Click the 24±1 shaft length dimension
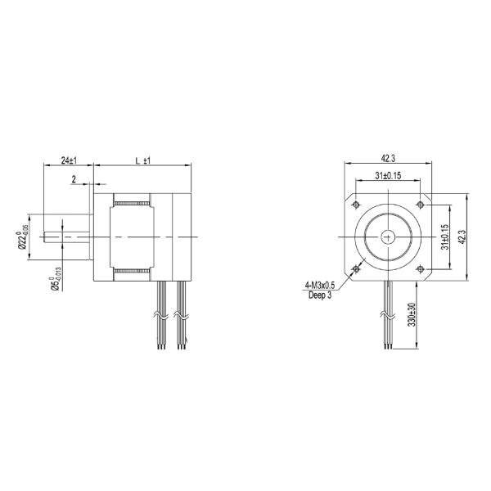coord(70,160)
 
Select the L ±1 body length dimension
coord(144,160)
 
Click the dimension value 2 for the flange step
coord(74,178)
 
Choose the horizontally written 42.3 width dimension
coord(388,159)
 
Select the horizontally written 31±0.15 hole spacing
coord(388,175)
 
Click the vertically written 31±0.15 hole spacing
coord(445,237)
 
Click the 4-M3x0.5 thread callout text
coord(321,285)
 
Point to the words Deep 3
coord(319,295)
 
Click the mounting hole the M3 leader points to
coord(356,268)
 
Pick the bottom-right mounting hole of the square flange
coord(420,268)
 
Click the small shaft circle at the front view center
coord(388,236)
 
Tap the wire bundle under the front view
coord(388,315)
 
